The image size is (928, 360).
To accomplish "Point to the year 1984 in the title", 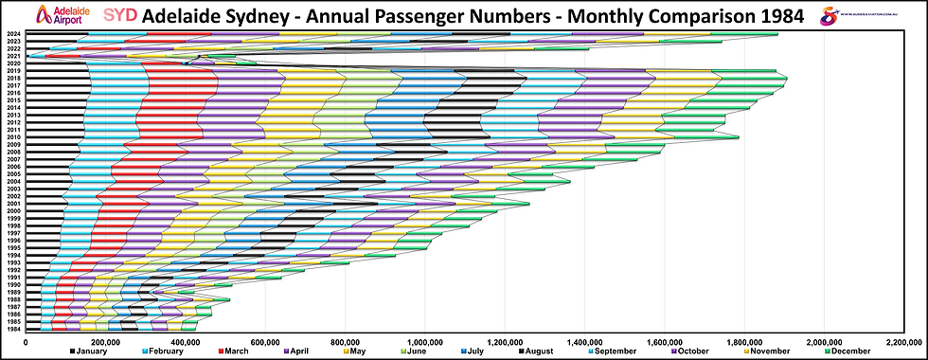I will coord(768,16).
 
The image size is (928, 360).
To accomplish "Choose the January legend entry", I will coord(93,352).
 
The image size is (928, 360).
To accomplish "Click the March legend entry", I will coord(232,352).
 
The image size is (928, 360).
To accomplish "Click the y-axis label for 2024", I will coord(13,35).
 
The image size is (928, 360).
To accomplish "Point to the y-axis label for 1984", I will coord(13,329).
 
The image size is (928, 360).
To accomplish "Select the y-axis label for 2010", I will coord(13,137).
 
